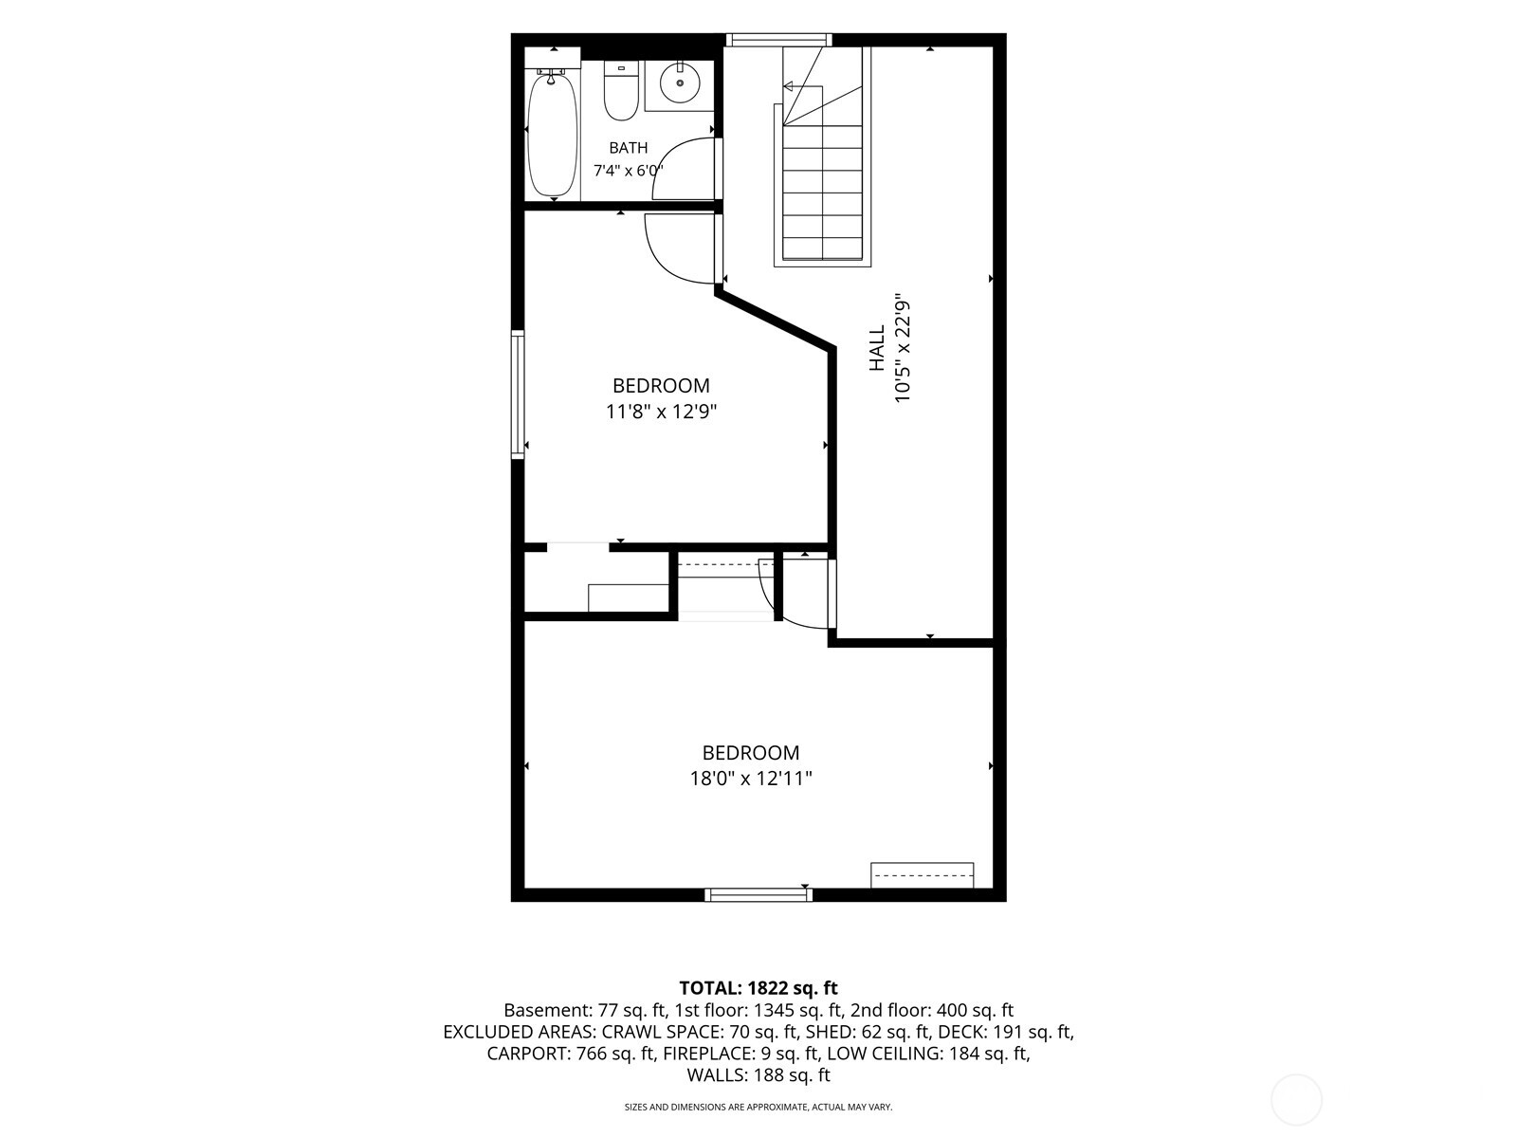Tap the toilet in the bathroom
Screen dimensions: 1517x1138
[x=621, y=90]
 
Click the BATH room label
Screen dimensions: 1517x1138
[x=629, y=147]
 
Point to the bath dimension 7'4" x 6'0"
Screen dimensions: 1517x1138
[x=629, y=170]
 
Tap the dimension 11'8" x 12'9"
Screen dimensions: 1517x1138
[x=662, y=412]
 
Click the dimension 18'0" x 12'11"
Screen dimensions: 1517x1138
[x=751, y=779]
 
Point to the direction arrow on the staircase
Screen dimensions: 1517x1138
[x=802, y=87]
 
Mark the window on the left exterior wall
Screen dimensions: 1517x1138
[x=518, y=394]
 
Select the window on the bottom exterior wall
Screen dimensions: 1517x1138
[x=758, y=895]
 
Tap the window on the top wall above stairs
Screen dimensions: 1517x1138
[x=778, y=40]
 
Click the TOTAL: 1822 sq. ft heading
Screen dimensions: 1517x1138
[x=758, y=987]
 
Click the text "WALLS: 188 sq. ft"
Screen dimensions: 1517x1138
[x=758, y=1074]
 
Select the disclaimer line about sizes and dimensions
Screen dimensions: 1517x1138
[x=758, y=1107]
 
